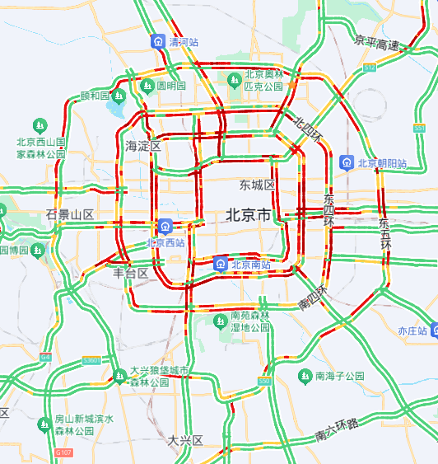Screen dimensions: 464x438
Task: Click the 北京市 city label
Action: [x=248, y=216]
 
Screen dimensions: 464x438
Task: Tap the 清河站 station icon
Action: [x=156, y=40]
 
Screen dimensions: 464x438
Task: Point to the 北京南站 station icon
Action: [x=221, y=264]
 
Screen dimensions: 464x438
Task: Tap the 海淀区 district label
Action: [x=142, y=146]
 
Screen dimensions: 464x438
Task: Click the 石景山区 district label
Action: [x=70, y=215]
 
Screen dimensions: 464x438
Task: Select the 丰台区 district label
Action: [x=130, y=273]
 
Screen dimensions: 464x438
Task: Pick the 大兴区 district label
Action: [x=185, y=440]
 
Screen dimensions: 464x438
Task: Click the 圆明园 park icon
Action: [x=147, y=85]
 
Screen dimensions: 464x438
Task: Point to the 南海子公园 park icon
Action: [x=305, y=376]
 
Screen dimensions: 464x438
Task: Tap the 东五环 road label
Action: [x=384, y=234]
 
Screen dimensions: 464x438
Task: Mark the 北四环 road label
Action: [x=307, y=128]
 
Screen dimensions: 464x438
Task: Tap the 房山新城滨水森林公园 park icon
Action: [x=44, y=424]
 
